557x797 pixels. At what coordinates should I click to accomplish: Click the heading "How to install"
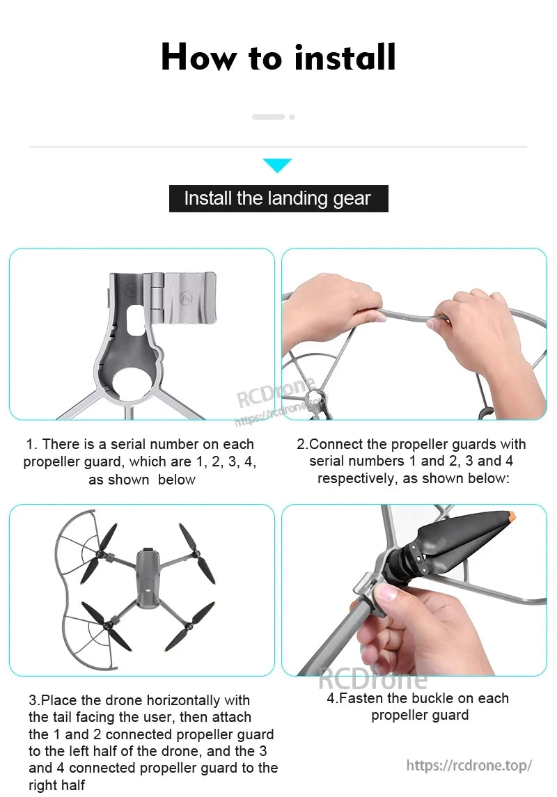[x=278, y=57]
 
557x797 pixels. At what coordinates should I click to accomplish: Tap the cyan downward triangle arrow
[x=277, y=166]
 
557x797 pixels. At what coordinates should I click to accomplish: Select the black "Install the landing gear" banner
[x=278, y=198]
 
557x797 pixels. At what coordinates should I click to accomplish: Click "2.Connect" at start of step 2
[x=324, y=444]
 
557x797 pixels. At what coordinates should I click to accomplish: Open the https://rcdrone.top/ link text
[x=469, y=765]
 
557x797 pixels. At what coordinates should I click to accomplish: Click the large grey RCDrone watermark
[x=372, y=678]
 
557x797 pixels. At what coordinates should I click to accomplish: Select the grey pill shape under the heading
[x=268, y=117]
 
